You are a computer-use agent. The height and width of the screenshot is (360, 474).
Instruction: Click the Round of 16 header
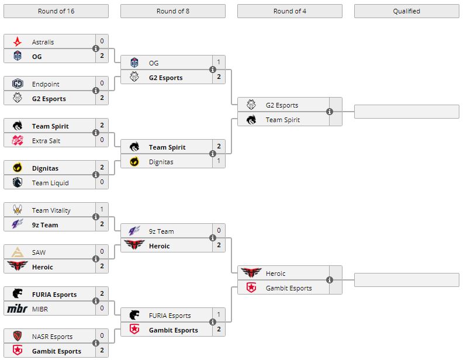click(56, 11)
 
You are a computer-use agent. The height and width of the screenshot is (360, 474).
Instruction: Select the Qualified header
click(406, 11)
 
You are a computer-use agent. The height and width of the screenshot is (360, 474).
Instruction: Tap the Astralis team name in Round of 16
click(43, 42)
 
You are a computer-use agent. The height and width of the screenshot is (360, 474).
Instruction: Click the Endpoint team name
click(46, 84)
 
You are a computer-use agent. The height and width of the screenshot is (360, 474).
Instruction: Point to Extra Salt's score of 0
click(102, 141)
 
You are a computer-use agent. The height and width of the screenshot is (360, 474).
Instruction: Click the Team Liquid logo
click(18, 183)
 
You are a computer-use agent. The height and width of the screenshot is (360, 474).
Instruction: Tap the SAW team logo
click(18, 252)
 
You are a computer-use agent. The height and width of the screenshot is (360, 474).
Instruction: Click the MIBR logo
click(18, 309)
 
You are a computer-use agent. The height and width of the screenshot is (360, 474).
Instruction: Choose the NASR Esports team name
click(53, 337)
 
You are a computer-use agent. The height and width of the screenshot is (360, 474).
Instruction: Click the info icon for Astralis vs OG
click(96, 49)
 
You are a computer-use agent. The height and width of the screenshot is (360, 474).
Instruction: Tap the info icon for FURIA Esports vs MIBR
click(96, 302)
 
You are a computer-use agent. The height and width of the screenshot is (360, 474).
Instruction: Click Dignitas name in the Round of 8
click(161, 162)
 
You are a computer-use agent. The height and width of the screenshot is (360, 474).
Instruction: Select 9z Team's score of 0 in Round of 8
click(219, 231)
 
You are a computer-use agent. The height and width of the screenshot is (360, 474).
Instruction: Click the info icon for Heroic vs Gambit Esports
click(330, 281)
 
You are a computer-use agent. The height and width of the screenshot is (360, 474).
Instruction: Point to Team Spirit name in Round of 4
click(283, 120)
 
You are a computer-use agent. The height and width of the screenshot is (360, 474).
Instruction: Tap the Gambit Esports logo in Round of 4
click(251, 288)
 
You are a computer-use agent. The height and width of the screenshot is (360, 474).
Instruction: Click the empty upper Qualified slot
click(406, 112)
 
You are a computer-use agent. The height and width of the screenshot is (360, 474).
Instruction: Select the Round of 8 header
click(173, 11)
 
